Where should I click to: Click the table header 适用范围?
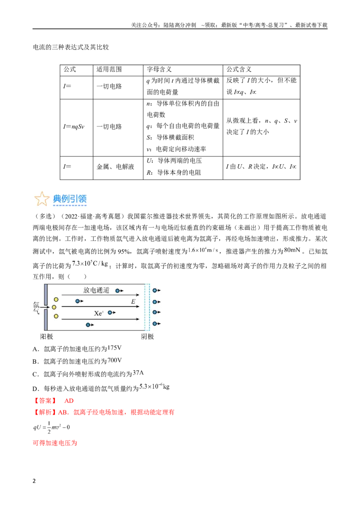click(x=109, y=69)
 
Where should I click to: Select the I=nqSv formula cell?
click(x=74, y=127)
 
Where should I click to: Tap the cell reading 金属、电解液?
click(x=115, y=166)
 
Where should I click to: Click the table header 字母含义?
click(x=159, y=69)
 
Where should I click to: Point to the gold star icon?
click(x=41, y=199)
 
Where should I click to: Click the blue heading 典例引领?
click(x=70, y=198)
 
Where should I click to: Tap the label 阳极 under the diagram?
click(x=46, y=337)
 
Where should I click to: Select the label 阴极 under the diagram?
click(x=148, y=337)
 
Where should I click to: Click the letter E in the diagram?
click(x=133, y=302)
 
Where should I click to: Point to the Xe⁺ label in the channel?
click(x=99, y=313)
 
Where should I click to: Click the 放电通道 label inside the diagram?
click(x=96, y=290)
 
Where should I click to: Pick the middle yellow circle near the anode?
click(x=54, y=307)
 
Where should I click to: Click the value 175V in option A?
click(x=114, y=348)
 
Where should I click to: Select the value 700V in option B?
click(x=114, y=360)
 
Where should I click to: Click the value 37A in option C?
click(x=138, y=373)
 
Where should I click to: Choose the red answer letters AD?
click(x=69, y=401)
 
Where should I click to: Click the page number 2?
click(x=34, y=481)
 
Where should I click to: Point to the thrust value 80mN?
click(x=292, y=250)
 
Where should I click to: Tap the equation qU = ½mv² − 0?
click(x=51, y=428)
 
